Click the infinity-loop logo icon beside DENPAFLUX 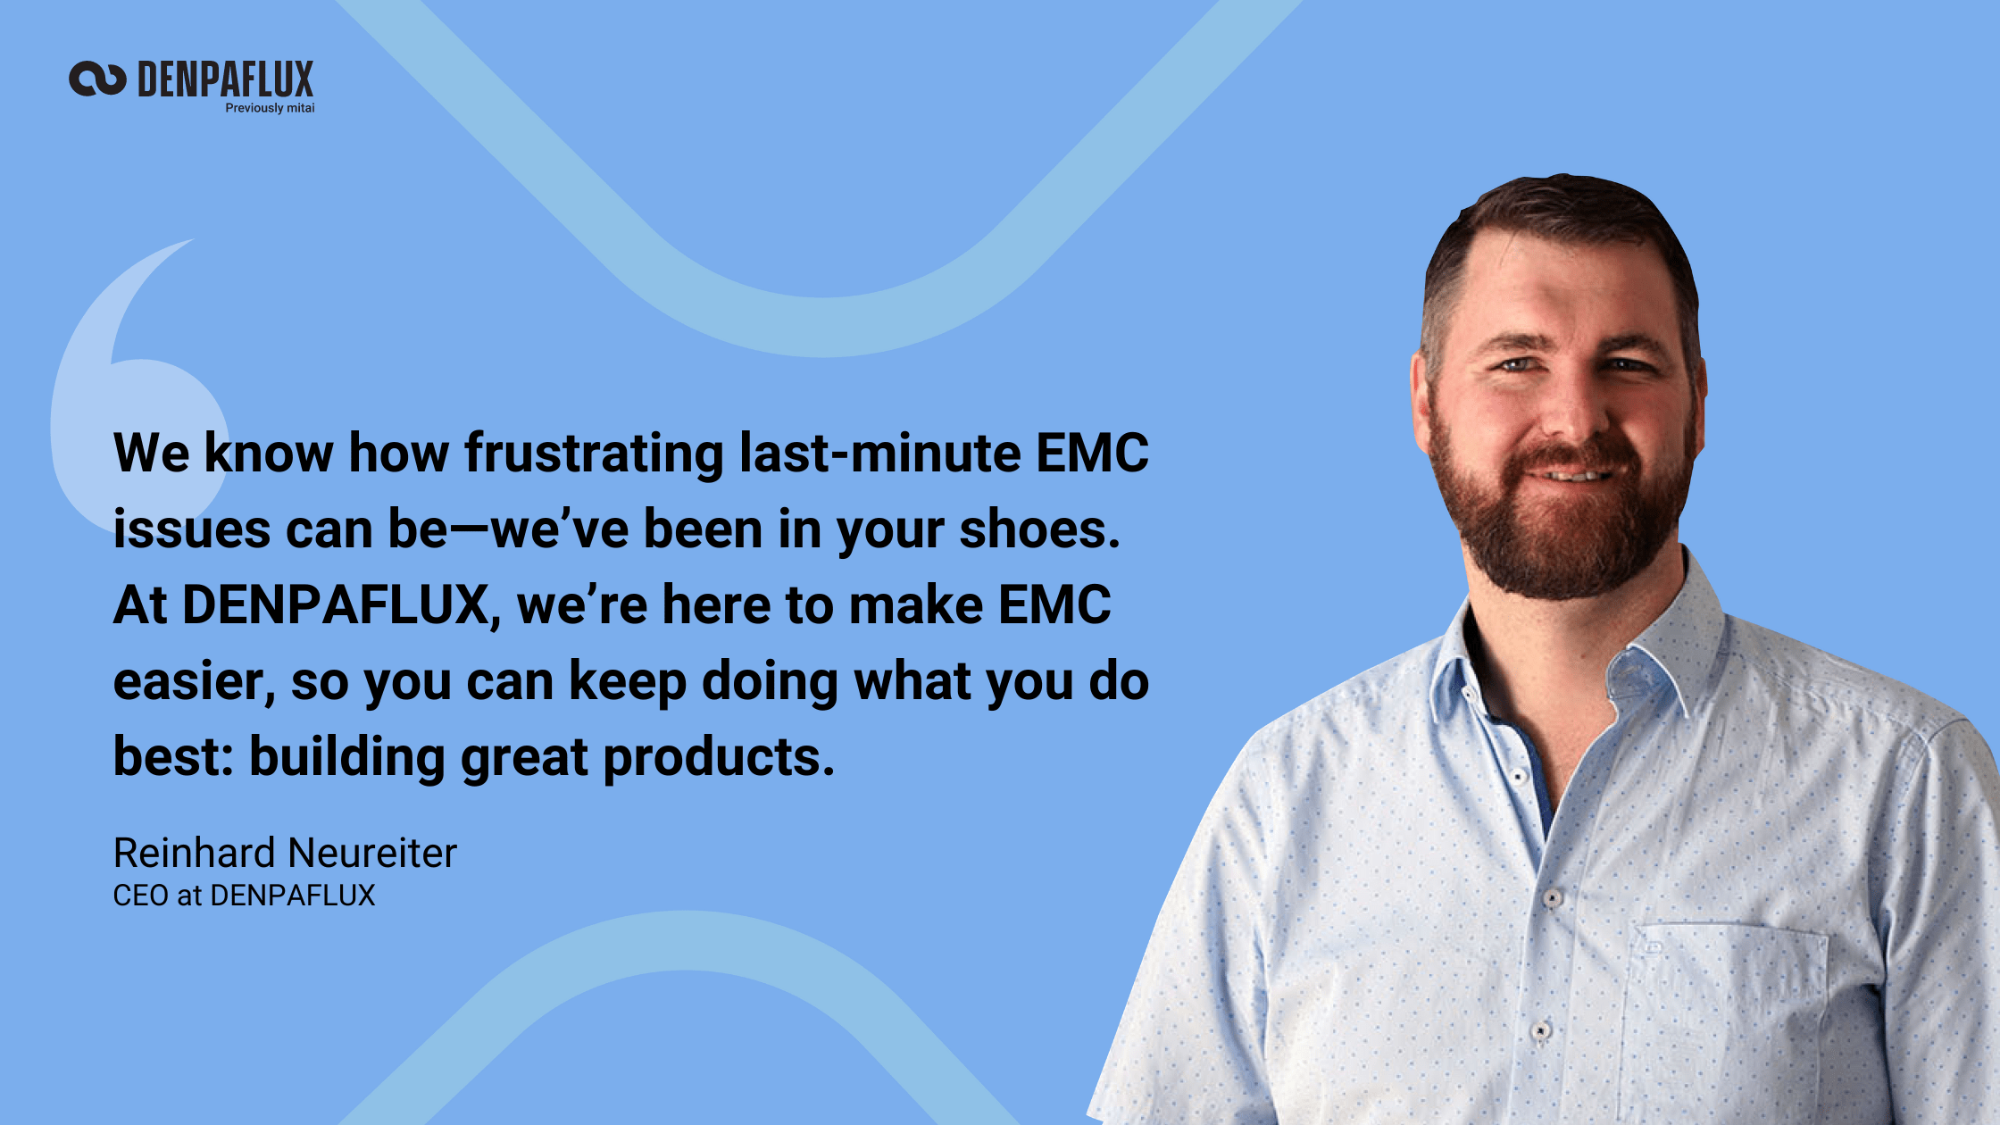pyautogui.click(x=97, y=79)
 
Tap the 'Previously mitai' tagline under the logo pyautogui.click(x=270, y=108)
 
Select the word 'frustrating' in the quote pyautogui.click(x=594, y=453)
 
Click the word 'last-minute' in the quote pyautogui.click(x=879, y=453)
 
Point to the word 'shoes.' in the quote pyautogui.click(x=1039, y=529)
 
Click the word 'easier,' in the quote pyautogui.click(x=194, y=682)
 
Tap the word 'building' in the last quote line pyautogui.click(x=346, y=757)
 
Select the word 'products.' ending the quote pyautogui.click(x=719, y=757)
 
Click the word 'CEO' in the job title pyautogui.click(x=140, y=896)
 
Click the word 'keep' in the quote pyautogui.click(x=627, y=682)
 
